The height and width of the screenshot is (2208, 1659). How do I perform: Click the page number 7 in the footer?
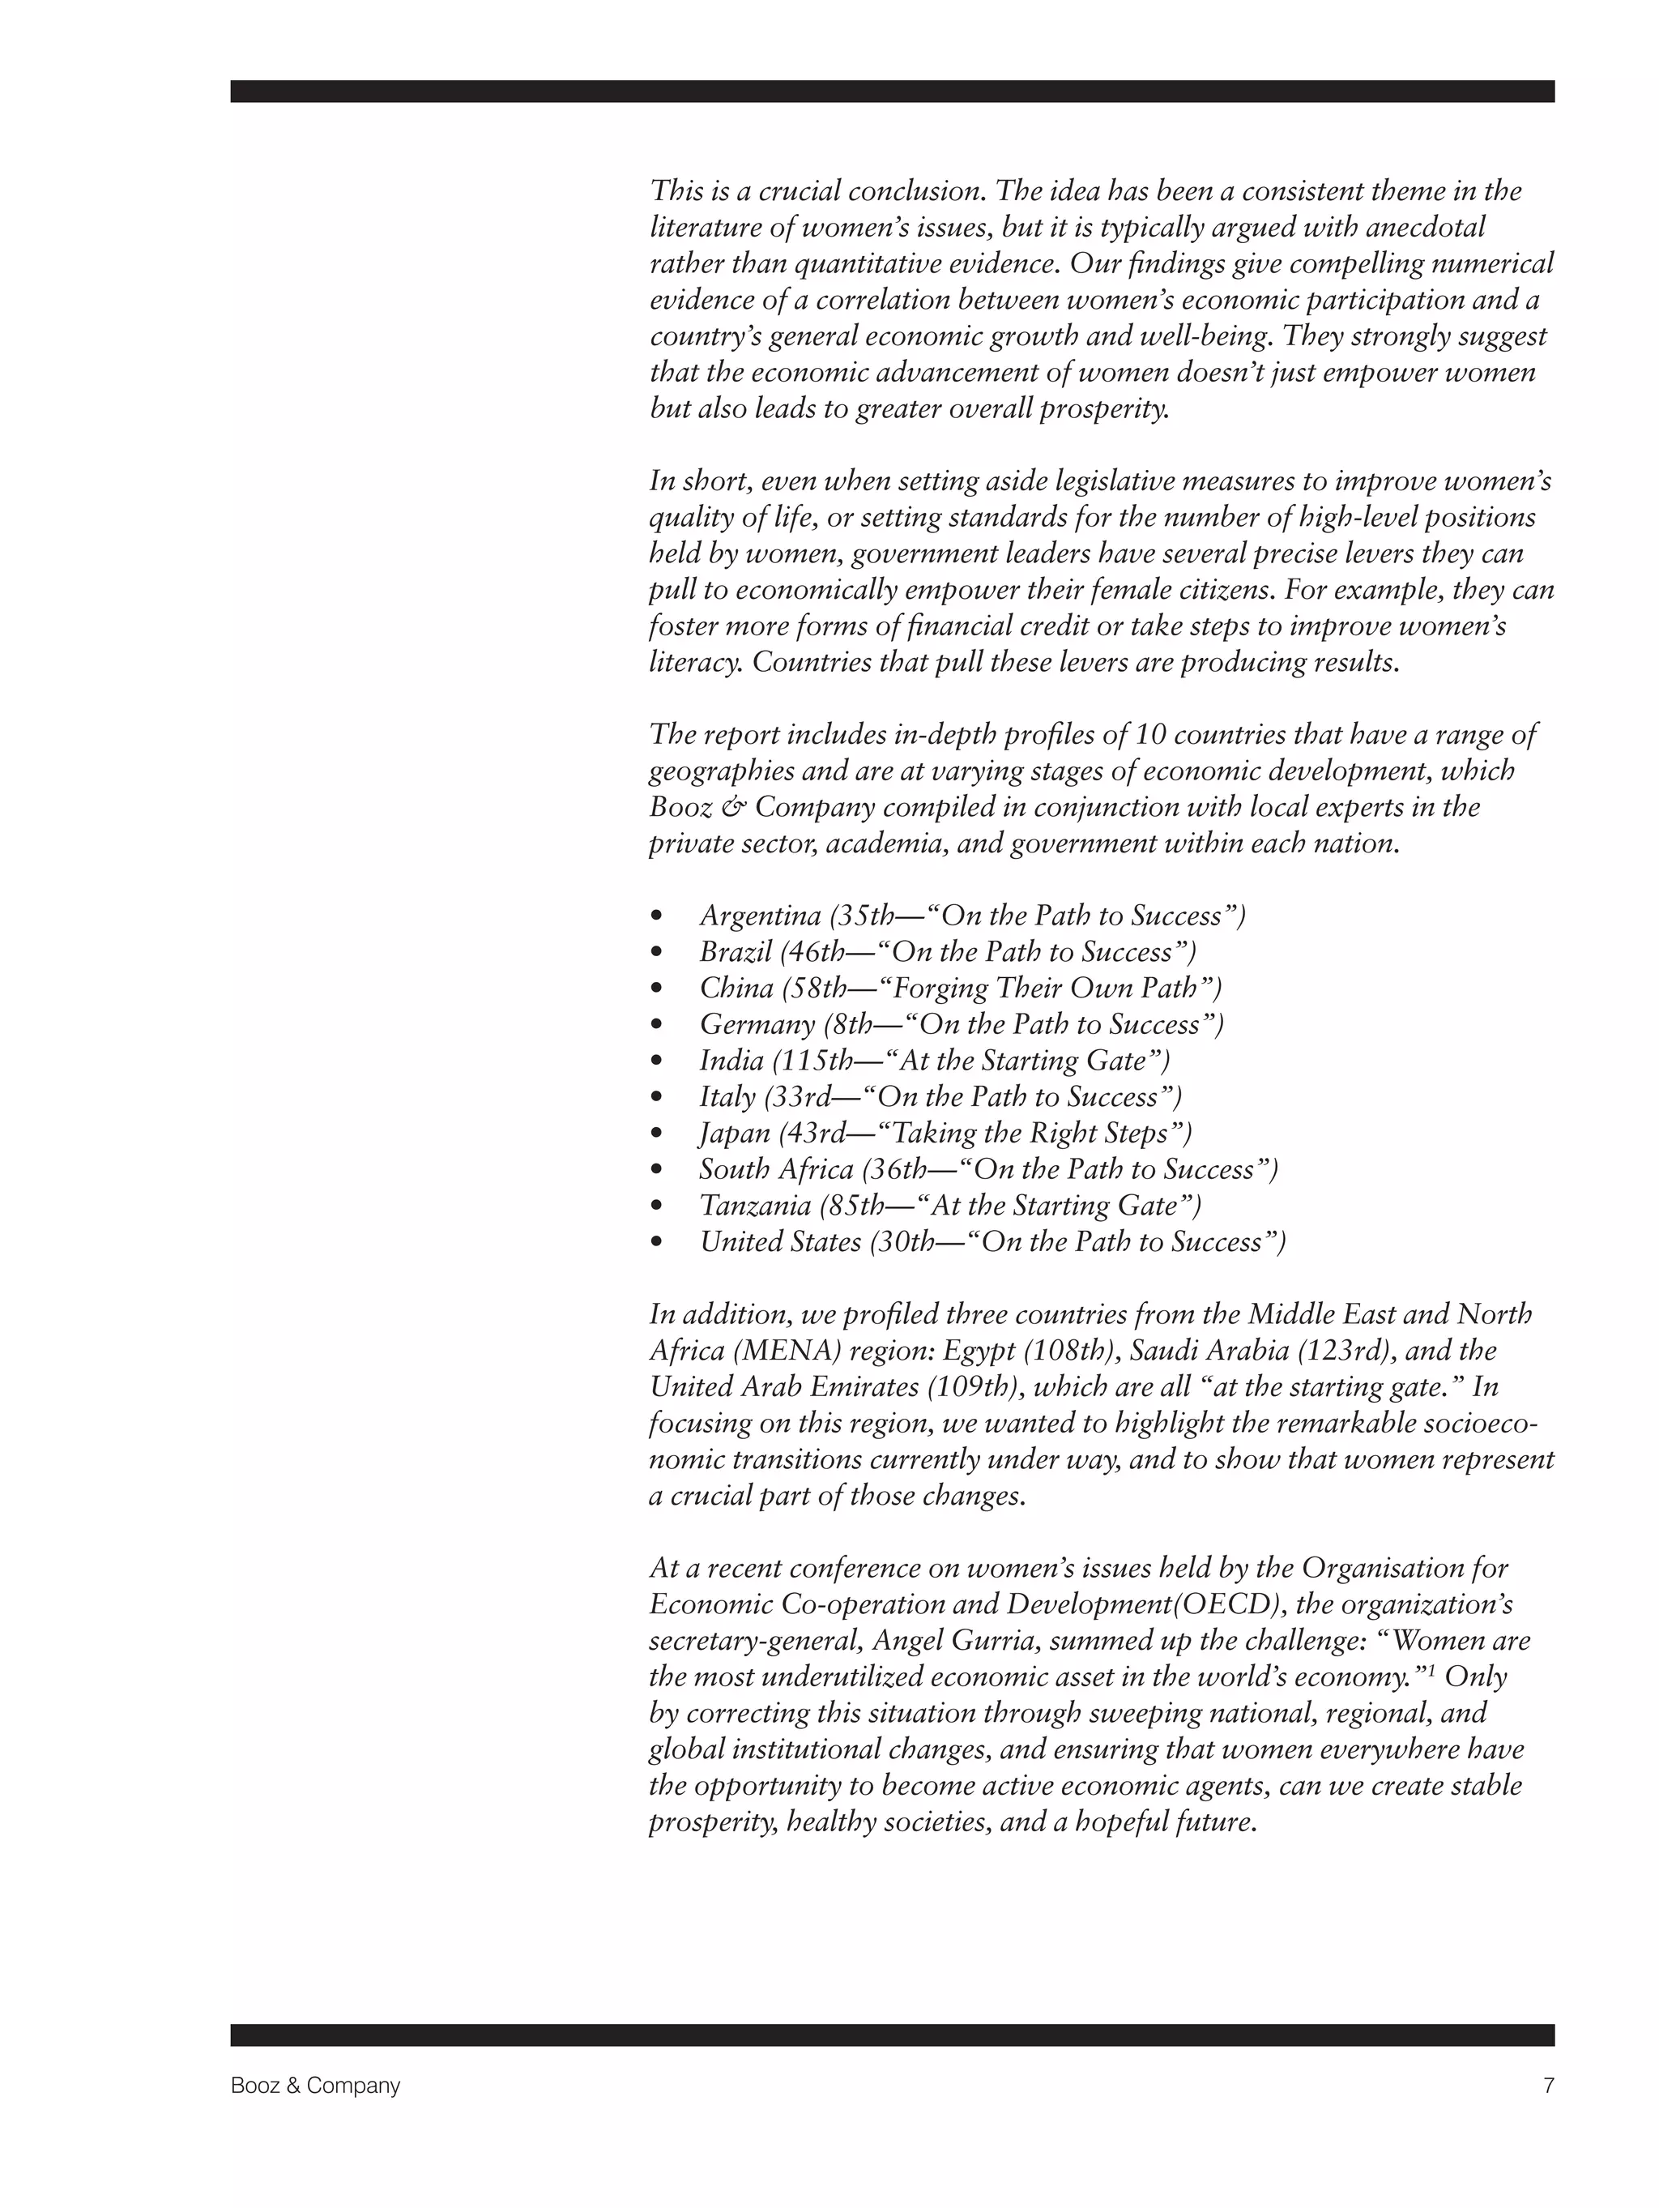[x=1548, y=2085]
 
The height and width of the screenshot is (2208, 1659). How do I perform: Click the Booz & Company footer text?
[x=314, y=2085]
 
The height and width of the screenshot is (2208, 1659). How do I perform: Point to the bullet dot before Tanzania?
[x=656, y=1206]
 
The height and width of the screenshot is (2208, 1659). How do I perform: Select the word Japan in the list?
[x=735, y=1133]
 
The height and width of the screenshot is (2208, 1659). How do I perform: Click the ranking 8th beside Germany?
[x=852, y=1024]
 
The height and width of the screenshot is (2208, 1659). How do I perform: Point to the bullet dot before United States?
[x=656, y=1242]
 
